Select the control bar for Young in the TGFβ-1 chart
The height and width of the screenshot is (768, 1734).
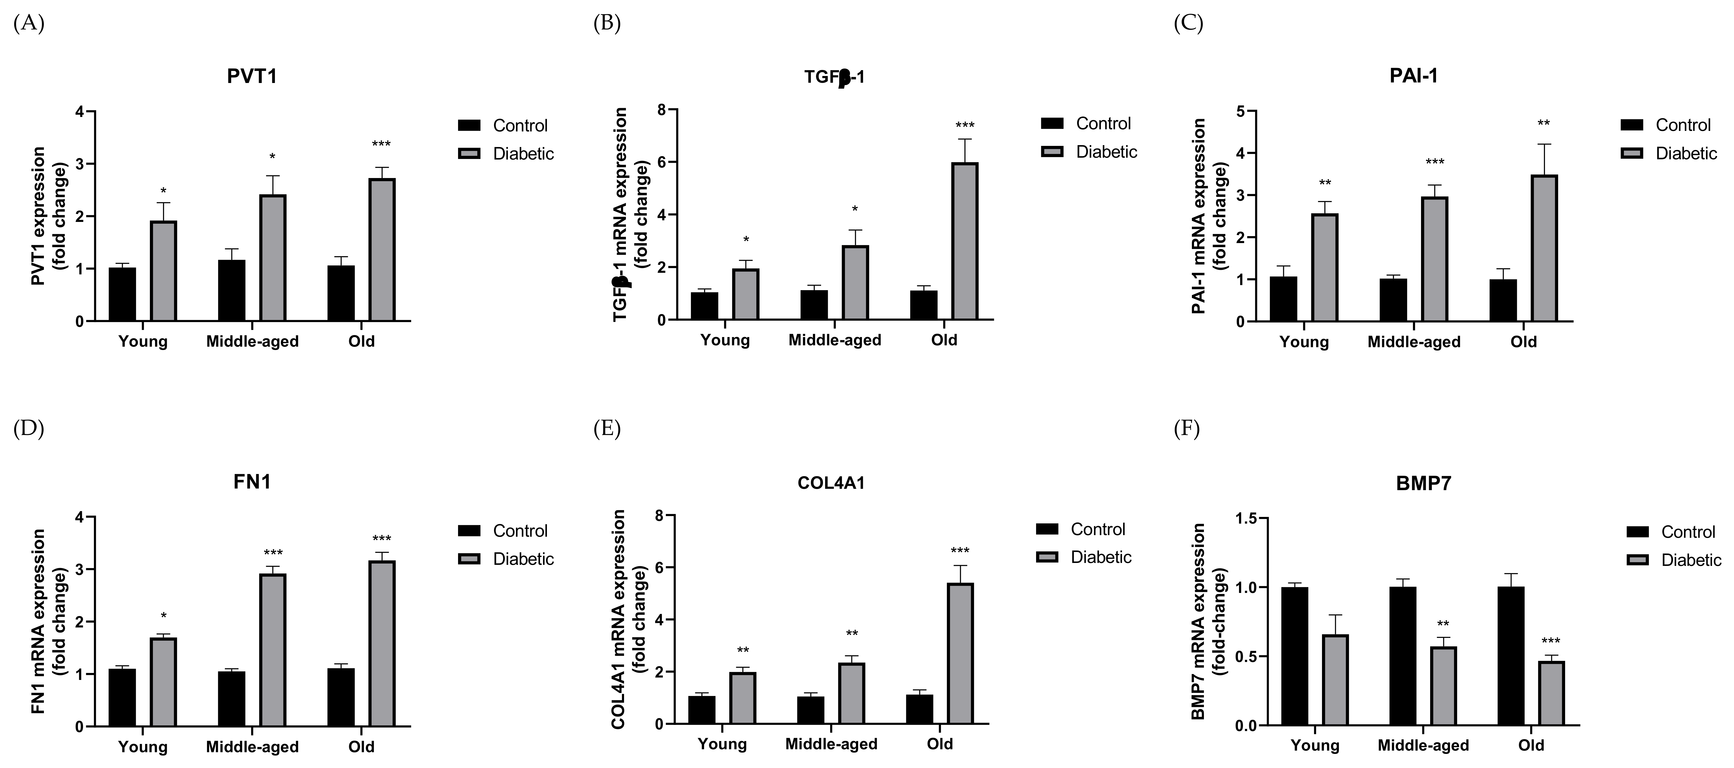pos(704,306)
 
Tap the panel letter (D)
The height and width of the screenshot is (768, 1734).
pos(28,429)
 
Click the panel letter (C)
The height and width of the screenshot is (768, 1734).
pos(1188,24)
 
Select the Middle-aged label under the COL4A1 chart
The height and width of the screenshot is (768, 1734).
pos(831,744)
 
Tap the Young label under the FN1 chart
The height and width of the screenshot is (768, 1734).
pos(143,747)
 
